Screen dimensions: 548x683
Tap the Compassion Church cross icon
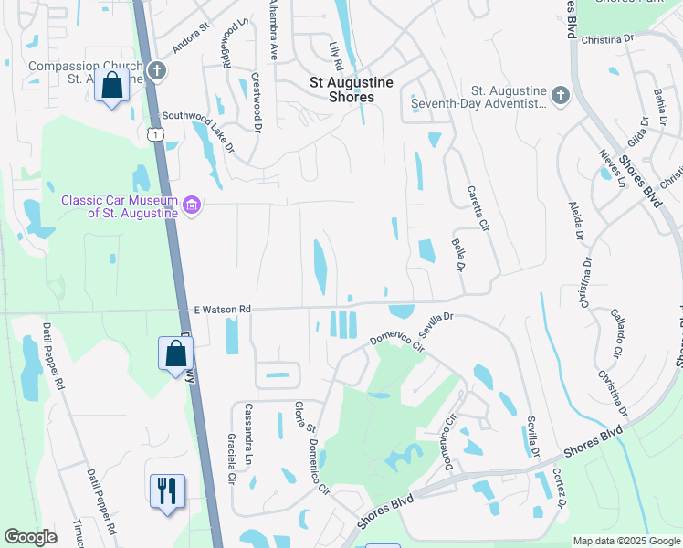[156, 70]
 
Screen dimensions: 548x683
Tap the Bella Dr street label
[457, 255]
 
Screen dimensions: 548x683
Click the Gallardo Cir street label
[618, 332]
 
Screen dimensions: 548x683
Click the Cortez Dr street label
[559, 489]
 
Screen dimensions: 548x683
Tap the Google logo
[30, 537]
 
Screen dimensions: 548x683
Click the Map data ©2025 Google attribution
[625, 541]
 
